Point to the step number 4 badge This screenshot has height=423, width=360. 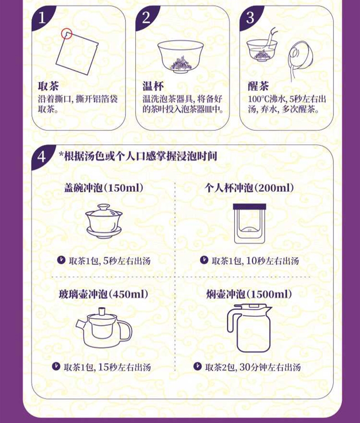(42, 157)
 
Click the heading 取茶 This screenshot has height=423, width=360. (48, 86)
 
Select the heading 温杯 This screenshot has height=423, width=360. (153, 86)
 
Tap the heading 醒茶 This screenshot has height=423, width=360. (258, 86)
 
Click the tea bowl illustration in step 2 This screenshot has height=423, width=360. (180, 57)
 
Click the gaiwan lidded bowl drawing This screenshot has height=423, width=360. (104, 221)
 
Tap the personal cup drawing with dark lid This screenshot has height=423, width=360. (249, 224)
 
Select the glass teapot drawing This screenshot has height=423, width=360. (104, 328)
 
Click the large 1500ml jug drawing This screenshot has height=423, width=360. (249, 328)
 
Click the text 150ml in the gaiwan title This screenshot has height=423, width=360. (123, 188)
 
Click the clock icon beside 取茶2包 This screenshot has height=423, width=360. (197, 366)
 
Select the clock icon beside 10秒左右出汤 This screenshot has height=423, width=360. (204, 260)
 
